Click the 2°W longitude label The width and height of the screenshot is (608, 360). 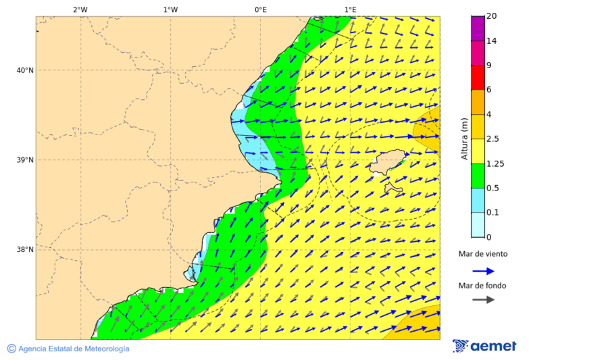[80, 9]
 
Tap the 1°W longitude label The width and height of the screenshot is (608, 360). [170, 9]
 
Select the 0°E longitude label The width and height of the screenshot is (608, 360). [260, 9]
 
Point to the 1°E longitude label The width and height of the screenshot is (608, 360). [350, 9]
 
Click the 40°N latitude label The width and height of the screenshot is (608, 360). [24, 70]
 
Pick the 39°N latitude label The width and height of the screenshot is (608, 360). [24, 160]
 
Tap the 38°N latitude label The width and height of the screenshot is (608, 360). [24, 250]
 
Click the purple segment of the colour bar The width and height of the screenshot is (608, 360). [478, 28]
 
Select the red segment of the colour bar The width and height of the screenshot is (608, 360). [478, 77]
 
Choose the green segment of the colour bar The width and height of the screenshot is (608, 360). [478, 176]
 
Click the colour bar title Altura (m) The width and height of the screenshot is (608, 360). [464, 138]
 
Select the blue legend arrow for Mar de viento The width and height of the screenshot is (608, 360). [483, 271]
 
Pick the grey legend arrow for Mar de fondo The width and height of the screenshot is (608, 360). [483, 300]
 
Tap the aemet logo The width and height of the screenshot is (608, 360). [484, 346]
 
